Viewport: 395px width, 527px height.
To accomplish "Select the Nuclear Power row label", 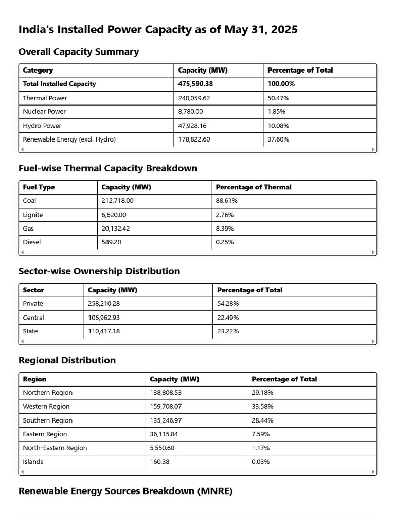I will (45, 112).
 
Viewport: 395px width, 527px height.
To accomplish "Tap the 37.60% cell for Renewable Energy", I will (278, 139).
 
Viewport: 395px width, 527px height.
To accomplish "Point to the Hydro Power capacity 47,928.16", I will (195, 126).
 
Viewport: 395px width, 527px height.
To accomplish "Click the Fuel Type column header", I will (39, 187).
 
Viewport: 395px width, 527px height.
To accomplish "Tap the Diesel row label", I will (32, 242).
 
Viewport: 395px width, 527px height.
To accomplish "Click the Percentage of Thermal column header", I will (254, 187).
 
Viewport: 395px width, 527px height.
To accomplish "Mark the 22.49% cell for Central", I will (228, 318).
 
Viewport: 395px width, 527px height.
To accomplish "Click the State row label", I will (30, 331).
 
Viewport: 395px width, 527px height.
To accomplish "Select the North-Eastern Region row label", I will (55, 448).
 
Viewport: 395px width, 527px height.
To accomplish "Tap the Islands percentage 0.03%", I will (260, 462).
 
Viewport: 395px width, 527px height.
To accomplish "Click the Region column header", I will (34, 379).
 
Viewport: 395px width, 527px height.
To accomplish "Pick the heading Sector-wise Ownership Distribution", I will (99, 271).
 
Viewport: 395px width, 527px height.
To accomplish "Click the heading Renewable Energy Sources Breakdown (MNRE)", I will (125, 491).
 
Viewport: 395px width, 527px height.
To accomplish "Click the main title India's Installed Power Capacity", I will (158, 30).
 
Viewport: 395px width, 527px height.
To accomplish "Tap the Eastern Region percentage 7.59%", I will (260, 434).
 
